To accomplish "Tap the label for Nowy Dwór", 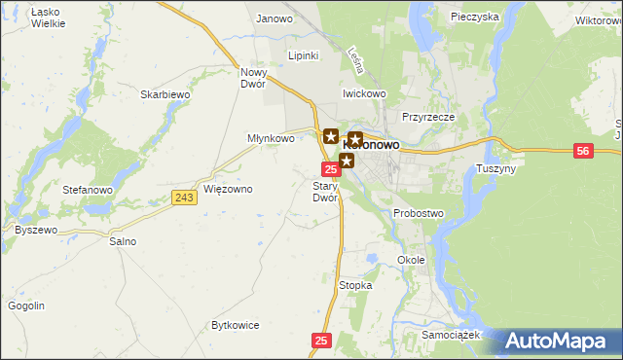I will click(x=253, y=78).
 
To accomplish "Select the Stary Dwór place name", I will click(x=324, y=191).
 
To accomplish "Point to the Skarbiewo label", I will click(x=164, y=94).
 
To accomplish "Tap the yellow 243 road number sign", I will click(x=184, y=198).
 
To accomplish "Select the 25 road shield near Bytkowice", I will click(x=323, y=341).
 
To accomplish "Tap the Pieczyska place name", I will click(x=475, y=17).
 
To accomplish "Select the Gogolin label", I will click(x=26, y=306).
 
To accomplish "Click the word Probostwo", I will click(x=419, y=213).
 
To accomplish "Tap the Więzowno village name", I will click(x=228, y=188).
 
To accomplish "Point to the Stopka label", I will click(x=355, y=285).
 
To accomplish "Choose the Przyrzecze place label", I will click(x=428, y=116).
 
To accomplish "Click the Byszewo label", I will click(x=36, y=231).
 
